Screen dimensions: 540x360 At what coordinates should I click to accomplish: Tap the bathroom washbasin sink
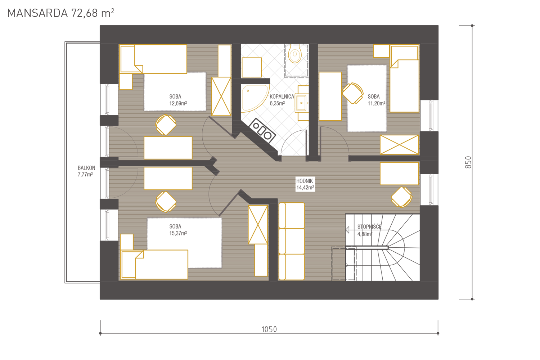[x=302, y=103]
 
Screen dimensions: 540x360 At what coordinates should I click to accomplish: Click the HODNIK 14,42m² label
[x=305, y=184]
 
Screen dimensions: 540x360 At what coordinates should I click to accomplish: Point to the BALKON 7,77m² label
[x=86, y=171]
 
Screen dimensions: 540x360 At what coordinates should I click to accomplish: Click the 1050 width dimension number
[x=269, y=329]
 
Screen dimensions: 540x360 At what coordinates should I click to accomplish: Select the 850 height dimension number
[x=468, y=162]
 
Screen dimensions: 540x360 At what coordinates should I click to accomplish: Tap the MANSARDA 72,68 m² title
[x=60, y=13]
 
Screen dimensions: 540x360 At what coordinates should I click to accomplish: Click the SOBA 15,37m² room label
[x=178, y=230]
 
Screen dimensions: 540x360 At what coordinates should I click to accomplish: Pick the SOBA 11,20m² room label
[x=376, y=100]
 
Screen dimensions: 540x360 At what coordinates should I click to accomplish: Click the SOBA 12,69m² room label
[x=178, y=100]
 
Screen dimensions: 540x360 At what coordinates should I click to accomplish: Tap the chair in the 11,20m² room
[x=353, y=93]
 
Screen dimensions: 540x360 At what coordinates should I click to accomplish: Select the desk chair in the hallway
[x=402, y=197]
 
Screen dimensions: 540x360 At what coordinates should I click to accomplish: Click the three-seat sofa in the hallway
[x=292, y=241]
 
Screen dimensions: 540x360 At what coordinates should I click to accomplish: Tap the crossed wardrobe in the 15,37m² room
[x=258, y=225]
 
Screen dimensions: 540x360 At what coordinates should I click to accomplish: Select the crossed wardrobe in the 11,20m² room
[x=400, y=145]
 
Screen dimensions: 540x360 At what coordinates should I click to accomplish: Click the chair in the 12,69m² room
[x=166, y=125]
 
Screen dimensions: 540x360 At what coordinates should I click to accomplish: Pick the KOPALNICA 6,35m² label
[x=282, y=100]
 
